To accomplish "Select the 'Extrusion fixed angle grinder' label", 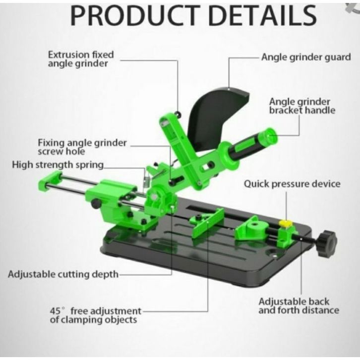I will pyautogui.click(x=81, y=59).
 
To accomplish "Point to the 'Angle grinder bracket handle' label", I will pyautogui.click(x=302, y=105).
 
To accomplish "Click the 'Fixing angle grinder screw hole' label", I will pyautogui.click(x=82, y=147).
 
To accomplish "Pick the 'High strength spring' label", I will pyautogui.click(x=58, y=165).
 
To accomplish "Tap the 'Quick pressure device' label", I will pyautogui.click(x=292, y=184).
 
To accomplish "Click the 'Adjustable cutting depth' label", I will pyautogui.click(x=63, y=274).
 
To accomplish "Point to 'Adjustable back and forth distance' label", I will pyautogui.click(x=299, y=306).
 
